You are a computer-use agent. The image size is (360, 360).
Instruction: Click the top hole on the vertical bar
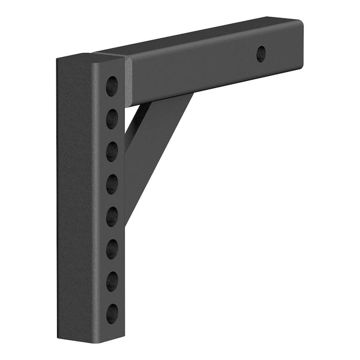tap(112, 86)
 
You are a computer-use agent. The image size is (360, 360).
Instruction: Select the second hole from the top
tap(112, 119)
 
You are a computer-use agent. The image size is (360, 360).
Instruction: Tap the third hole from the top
tap(112, 151)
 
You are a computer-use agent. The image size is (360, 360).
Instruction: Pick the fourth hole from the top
tap(112, 184)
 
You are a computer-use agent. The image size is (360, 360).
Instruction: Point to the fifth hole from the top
tap(112, 216)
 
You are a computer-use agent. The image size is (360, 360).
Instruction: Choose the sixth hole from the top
tap(112, 248)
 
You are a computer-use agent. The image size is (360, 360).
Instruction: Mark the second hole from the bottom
tap(112, 281)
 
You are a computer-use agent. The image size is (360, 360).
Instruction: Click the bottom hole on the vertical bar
tap(112, 313)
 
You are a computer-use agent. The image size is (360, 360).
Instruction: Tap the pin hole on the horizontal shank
tap(261, 54)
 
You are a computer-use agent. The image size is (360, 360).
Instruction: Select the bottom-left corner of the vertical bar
tap(58, 337)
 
